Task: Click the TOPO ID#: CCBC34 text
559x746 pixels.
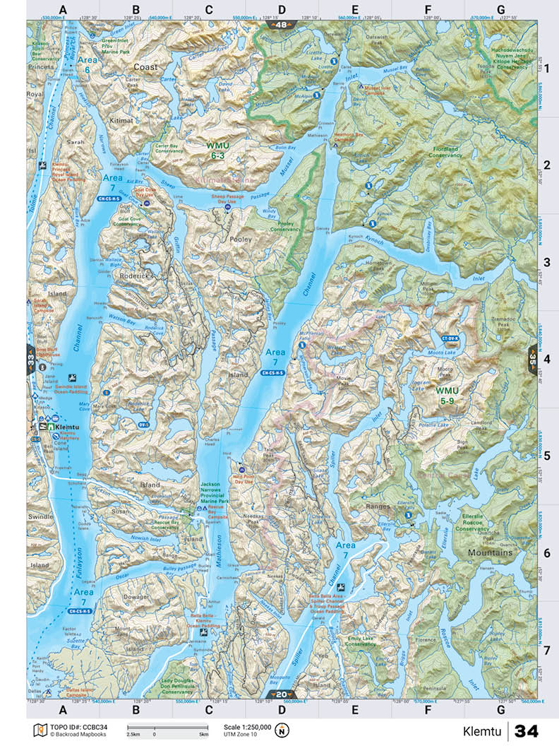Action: (77, 726)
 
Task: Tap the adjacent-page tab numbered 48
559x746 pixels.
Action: (280, 25)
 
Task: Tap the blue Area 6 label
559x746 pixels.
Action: (88, 64)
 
